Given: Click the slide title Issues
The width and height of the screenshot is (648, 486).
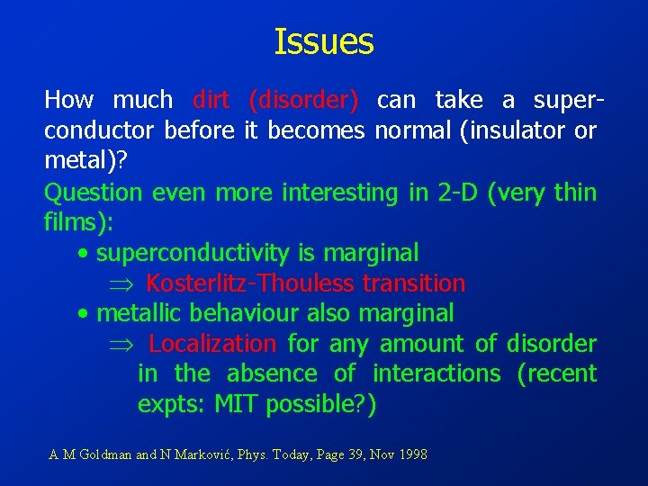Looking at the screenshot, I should click(x=323, y=41).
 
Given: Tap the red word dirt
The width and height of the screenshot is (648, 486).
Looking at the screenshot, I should click(x=211, y=99).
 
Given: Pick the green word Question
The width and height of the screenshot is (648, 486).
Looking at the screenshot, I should click(x=94, y=192).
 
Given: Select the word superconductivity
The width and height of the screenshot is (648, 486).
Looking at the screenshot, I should click(x=193, y=253).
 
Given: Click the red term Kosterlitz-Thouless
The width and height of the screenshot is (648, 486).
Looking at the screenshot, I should click(x=249, y=283).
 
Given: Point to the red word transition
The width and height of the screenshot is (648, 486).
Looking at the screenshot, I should click(x=414, y=283).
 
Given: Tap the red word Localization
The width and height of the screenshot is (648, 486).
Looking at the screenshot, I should click(x=212, y=344).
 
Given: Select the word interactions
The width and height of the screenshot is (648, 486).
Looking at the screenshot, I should click(x=436, y=373).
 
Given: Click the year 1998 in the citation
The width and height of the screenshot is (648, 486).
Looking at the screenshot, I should click(x=409, y=454).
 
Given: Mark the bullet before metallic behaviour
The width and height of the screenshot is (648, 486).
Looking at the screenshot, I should click(x=83, y=314).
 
